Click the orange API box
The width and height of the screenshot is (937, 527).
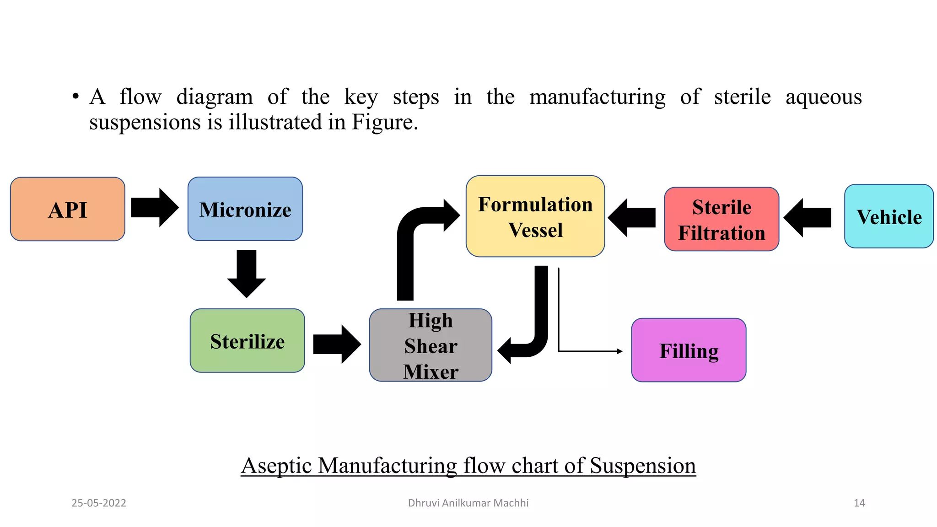click(67, 209)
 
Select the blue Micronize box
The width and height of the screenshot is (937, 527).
click(245, 209)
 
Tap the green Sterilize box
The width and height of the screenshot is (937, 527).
click(247, 341)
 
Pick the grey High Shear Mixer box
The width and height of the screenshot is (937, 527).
click(431, 345)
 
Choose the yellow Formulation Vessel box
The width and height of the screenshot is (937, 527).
click(535, 216)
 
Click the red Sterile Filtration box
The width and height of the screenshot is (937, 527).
click(722, 219)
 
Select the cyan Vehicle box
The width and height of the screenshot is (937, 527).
click(889, 216)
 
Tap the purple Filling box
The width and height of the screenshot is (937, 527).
click(689, 350)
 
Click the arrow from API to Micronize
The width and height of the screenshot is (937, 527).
click(154, 208)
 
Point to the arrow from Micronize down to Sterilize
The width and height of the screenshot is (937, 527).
click(247, 274)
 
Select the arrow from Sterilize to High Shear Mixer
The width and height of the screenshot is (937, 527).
click(337, 344)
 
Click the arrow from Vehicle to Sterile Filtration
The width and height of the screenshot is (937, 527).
click(808, 218)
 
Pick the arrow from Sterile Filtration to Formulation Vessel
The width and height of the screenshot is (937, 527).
click(632, 218)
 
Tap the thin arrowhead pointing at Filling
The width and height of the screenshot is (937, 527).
click(619, 351)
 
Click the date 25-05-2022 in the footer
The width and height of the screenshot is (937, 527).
click(99, 503)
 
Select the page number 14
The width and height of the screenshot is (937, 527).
click(859, 503)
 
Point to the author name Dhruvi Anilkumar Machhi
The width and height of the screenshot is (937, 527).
click(468, 503)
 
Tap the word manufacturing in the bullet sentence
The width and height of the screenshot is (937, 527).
click(598, 97)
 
